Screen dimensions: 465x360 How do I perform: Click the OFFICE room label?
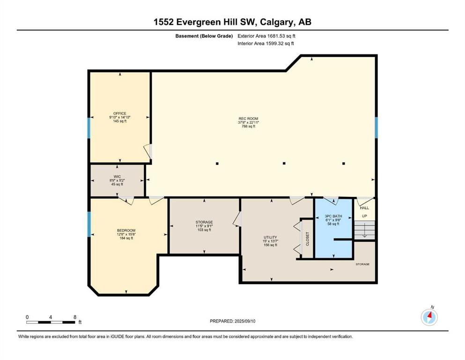tap(120, 113)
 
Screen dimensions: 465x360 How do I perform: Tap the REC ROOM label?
tap(248, 119)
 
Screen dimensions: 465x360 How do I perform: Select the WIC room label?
tap(117, 177)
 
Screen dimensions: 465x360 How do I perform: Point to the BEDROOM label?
tap(126, 230)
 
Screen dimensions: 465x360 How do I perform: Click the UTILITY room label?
tap(270, 237)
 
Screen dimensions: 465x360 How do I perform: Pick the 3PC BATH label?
tap(333, 216)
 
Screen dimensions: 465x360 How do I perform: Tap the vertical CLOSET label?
tap(308, 239)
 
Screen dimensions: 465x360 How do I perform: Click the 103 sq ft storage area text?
tap(204, 230)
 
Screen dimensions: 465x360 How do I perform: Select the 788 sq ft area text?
tap(248, 126)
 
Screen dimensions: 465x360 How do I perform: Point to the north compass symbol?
tap(429, 317)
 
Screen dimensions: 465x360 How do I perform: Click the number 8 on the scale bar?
tap(75, 317)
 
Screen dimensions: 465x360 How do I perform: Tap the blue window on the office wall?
tap(89, 128)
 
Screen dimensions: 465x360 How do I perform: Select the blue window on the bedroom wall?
tap(89, 224)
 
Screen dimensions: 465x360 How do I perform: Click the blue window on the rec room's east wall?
tap(376, 127)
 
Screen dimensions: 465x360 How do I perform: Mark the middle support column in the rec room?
tap(284, 163)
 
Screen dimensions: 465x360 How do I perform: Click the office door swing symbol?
tap(148, 151)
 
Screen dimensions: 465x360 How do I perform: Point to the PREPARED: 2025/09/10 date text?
tap(232, 321)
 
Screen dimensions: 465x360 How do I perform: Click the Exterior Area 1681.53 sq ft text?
tap(266, 36)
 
